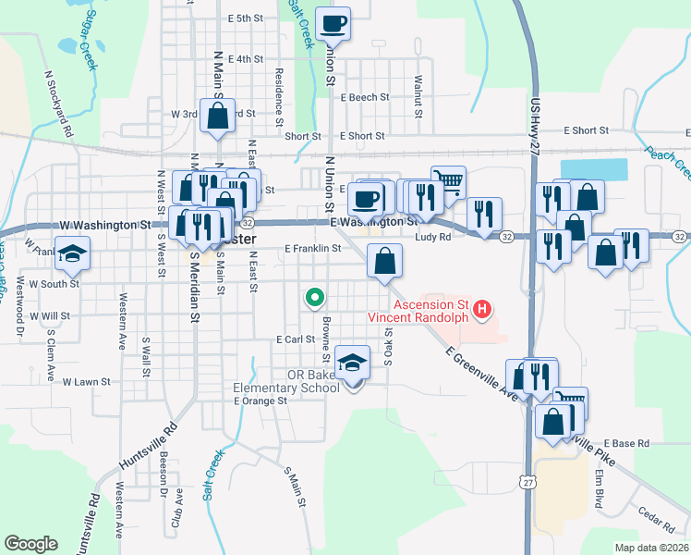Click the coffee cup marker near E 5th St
pos(333,23)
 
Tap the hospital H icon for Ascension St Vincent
pos(480,309)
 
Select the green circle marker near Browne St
pos(314,298)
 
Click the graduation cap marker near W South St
pos(71,253)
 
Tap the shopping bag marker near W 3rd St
pos(218,117)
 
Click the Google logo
pos(31,543)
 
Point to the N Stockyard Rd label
pos(58,103)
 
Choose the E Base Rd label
pos(626,444)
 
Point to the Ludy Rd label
pos(432,237)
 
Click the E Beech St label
pos(364,96)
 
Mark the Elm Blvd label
pos(600,487)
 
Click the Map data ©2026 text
pos(651,548)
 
